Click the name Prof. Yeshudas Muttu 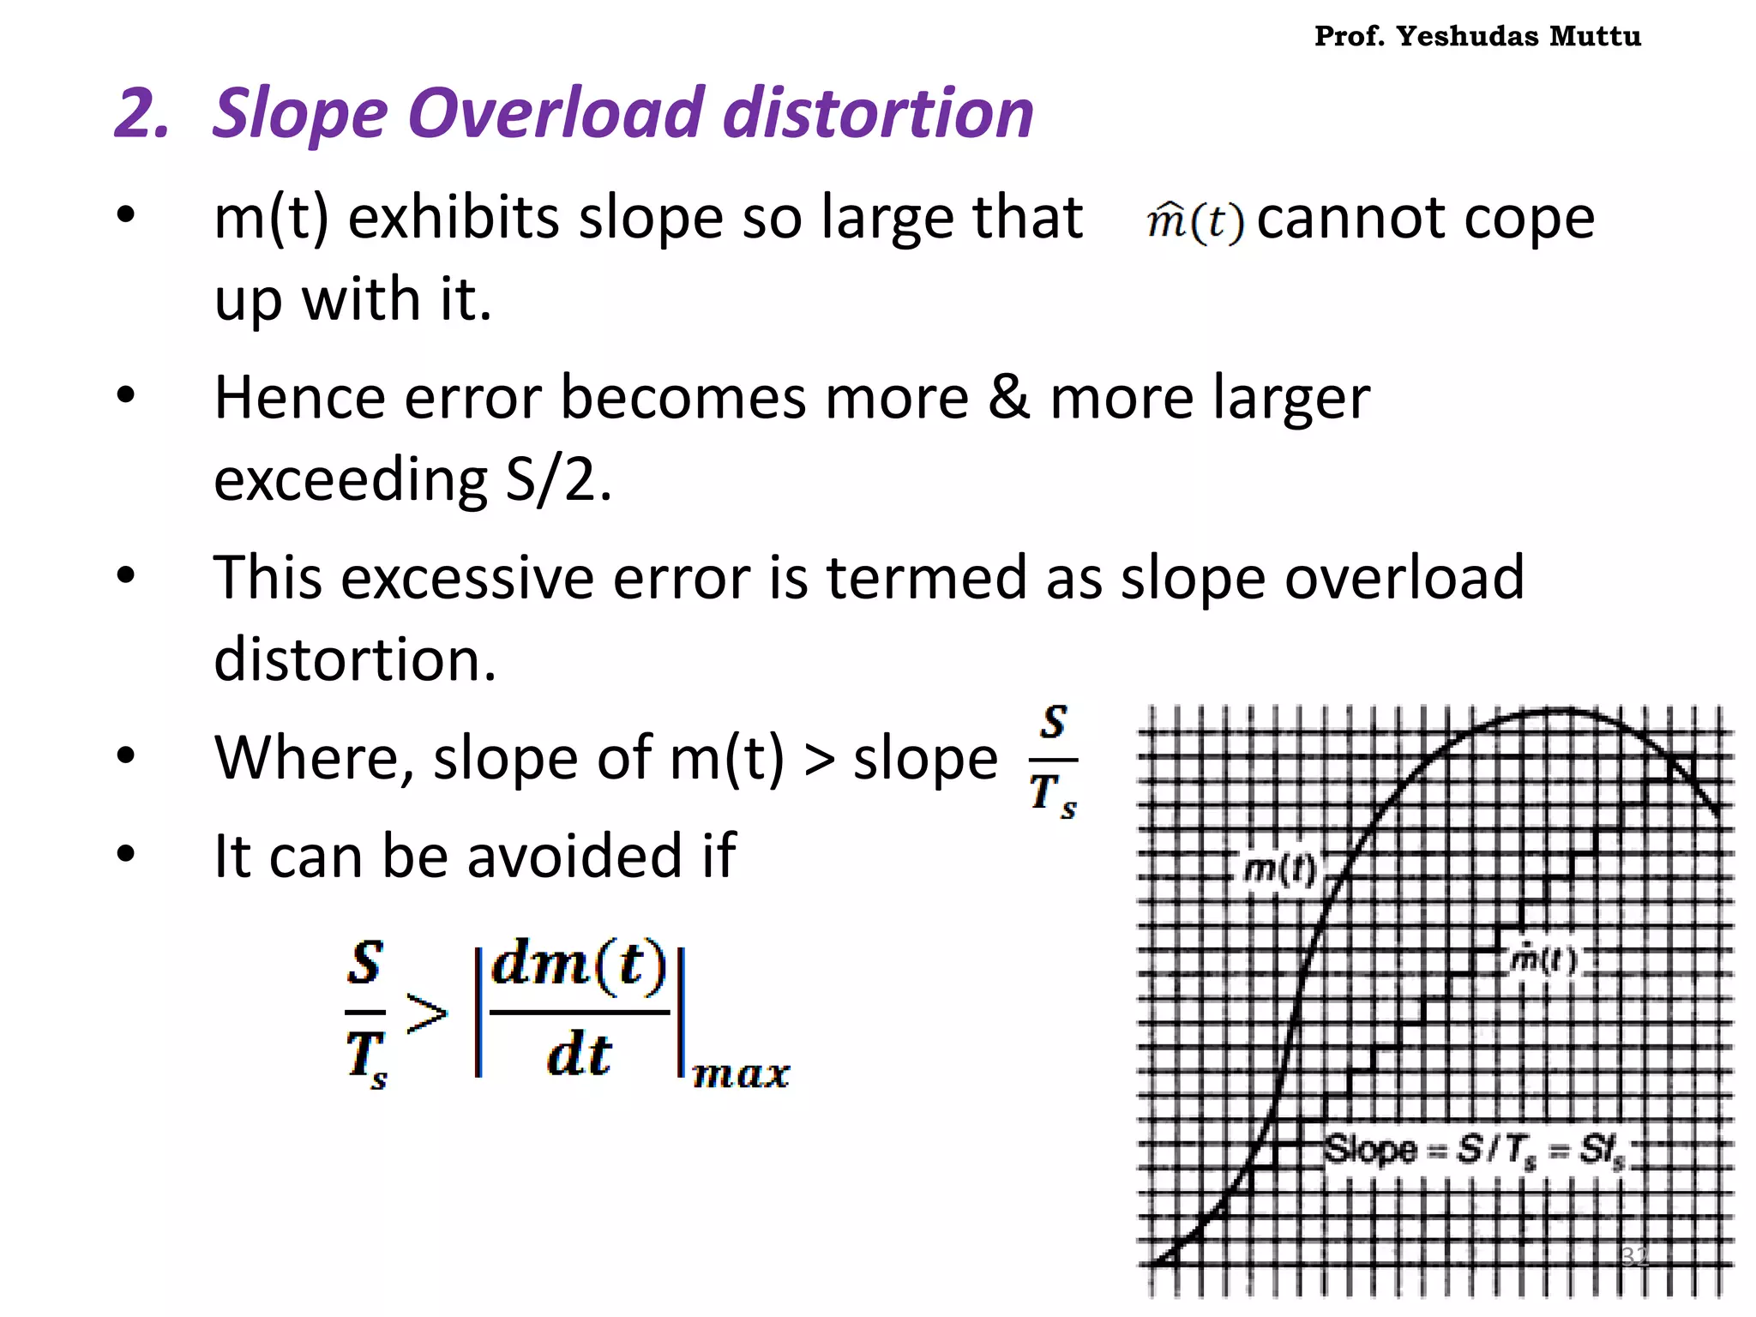pyautogui.click(x=1477, y=36)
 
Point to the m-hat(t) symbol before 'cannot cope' pyautogui.click(x=1194, y=221)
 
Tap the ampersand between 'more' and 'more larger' pyautogui.click(x=1008, y=398)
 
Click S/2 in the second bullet pyautogui.click(x=557, y=479)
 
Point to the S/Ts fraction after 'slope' pyautogui.click(x=1053, y=761)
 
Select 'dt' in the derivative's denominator pyautogui.click(x=580, y=1055)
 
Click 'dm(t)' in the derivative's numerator pyautogui.click(x=580, y=965)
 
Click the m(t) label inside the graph pyautogui.click(x=1278, y=869)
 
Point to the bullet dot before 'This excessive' pyautogui.click(x=126, y=575)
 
